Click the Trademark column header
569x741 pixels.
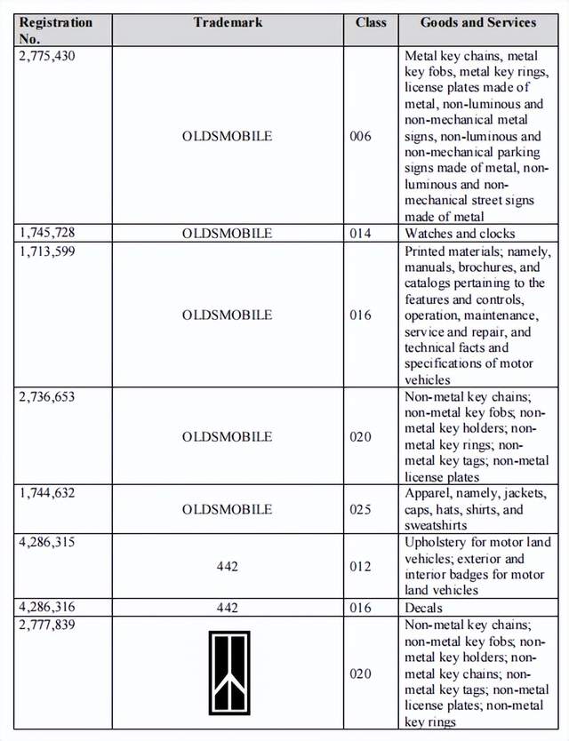(x=228, y=22)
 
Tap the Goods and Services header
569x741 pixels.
(x=477, y=22)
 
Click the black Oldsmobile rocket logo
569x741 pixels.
(x=228, y=673)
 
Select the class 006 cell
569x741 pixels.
(x=361, y=137)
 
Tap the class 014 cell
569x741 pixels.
(x=361, y=234)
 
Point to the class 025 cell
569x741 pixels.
(x=361, y=510)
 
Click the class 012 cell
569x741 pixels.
(x=361, y=567)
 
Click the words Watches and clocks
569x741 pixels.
(x=460, y=234)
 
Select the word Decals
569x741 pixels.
(x=423, y=608)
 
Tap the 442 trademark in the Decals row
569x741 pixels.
(x=228, y=608)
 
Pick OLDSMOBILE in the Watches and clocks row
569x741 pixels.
(x=228, y=234)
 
